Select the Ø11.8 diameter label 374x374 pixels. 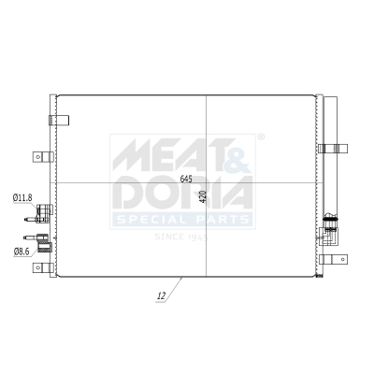point(22,197)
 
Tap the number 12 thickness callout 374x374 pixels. point(162,296)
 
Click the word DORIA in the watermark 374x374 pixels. point(183,194)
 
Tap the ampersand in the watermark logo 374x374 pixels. point(237,152)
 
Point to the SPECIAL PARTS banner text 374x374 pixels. point(183,220)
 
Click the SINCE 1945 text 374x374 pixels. point(180,236)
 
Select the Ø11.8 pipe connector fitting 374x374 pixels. point(44,212)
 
